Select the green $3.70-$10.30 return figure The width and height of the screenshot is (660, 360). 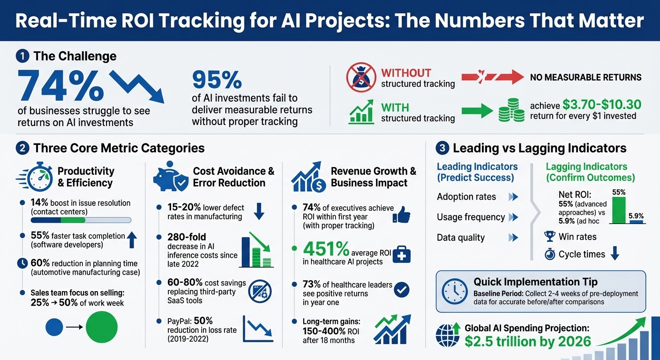pos(601,104)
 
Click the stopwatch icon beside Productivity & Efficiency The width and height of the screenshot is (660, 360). pos(39,177)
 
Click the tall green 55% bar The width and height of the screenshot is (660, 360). pos(619,210)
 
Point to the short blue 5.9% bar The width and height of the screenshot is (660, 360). pos(636,222)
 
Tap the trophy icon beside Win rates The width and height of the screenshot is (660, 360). pos(550,236)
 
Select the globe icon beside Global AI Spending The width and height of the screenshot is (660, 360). pos(445,336)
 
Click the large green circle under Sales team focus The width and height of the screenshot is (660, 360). pos(102,327)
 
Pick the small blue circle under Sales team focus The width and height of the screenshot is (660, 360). pos(54,327)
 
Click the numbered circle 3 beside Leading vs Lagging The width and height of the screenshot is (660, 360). pos(442,149)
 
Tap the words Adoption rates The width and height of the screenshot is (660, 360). pos(466,197)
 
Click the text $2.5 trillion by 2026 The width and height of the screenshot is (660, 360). pos(528,342)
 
